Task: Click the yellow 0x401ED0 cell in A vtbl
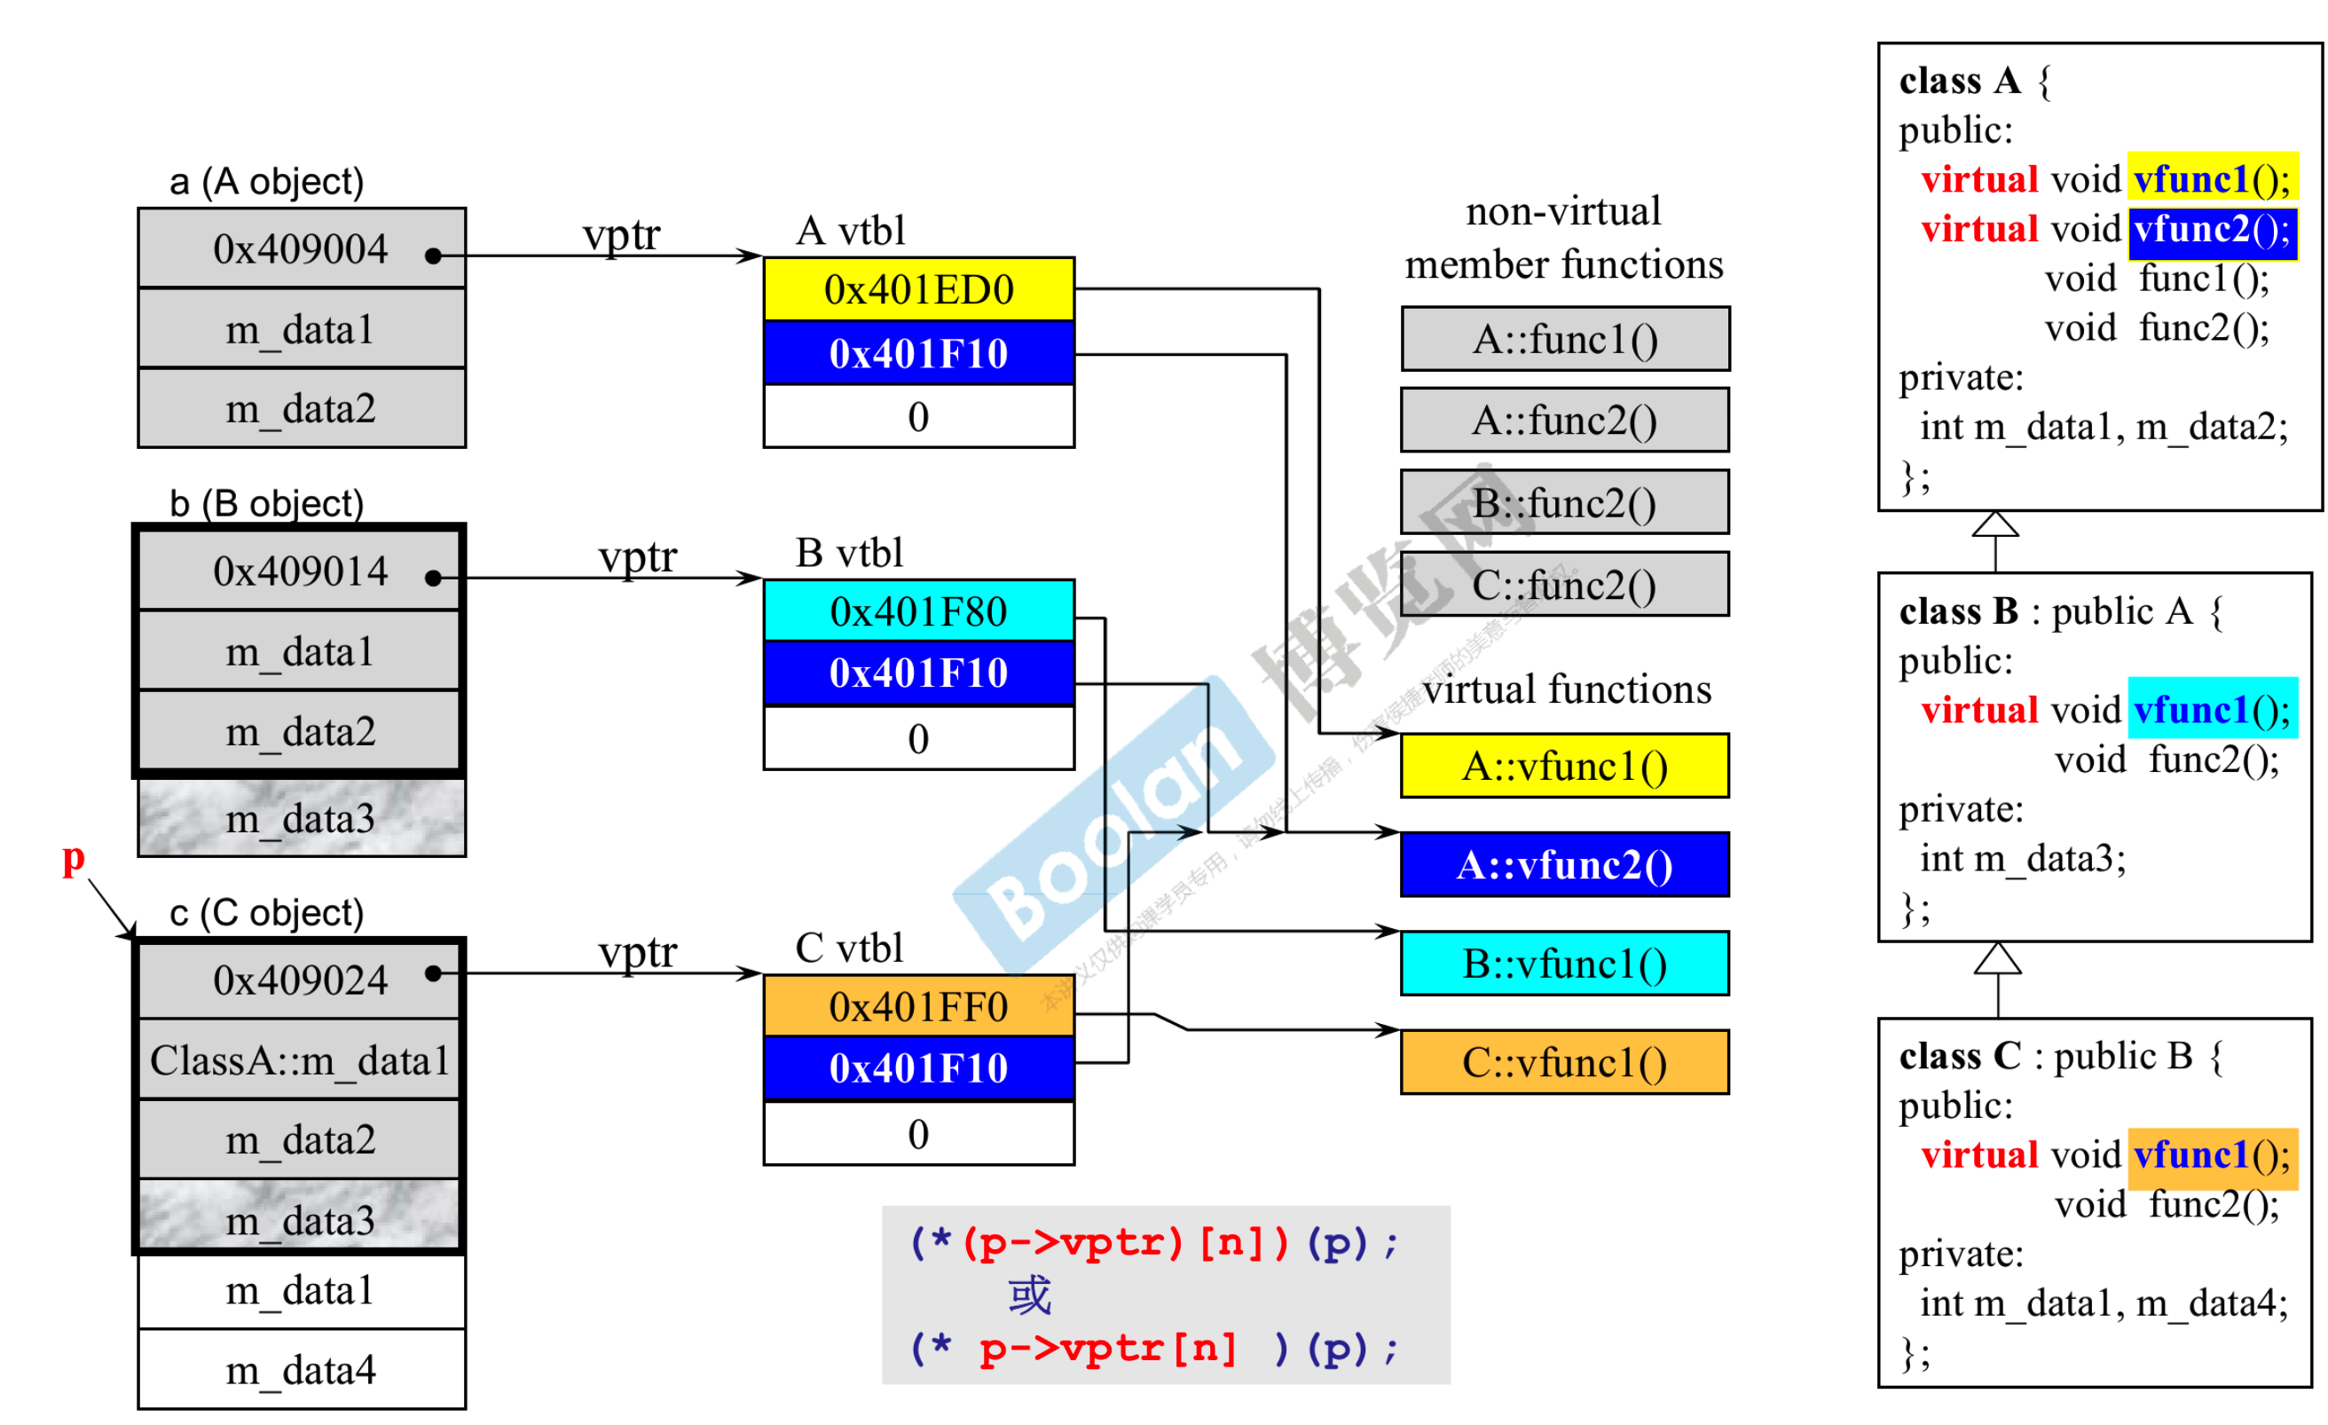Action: point(918,289)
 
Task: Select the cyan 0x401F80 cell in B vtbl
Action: point(918,611)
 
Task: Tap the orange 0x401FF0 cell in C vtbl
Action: point(918,1006)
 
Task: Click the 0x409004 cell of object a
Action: point(302,248)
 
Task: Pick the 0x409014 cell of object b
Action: point(302,571)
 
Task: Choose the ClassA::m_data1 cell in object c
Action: point(300,1060)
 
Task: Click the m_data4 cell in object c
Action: point(302,1370)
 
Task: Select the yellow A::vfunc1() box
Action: point(1565,767)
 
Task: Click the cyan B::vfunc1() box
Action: point(1565,964)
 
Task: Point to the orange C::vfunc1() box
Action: point(1565,1063)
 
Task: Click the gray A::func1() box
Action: point(1565,339)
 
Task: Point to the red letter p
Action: point(74,858)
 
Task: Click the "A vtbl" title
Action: point(850,231)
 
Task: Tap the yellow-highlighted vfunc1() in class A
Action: point(2212,178)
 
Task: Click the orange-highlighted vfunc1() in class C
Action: point(2212,1154)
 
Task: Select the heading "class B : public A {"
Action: point(2060,611)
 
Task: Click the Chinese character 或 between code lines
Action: point(1029,1295)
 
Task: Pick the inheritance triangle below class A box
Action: point(1995,524)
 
